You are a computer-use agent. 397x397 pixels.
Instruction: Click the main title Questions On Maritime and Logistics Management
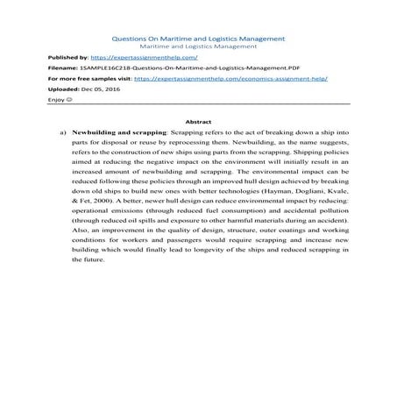coord(198,39)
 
